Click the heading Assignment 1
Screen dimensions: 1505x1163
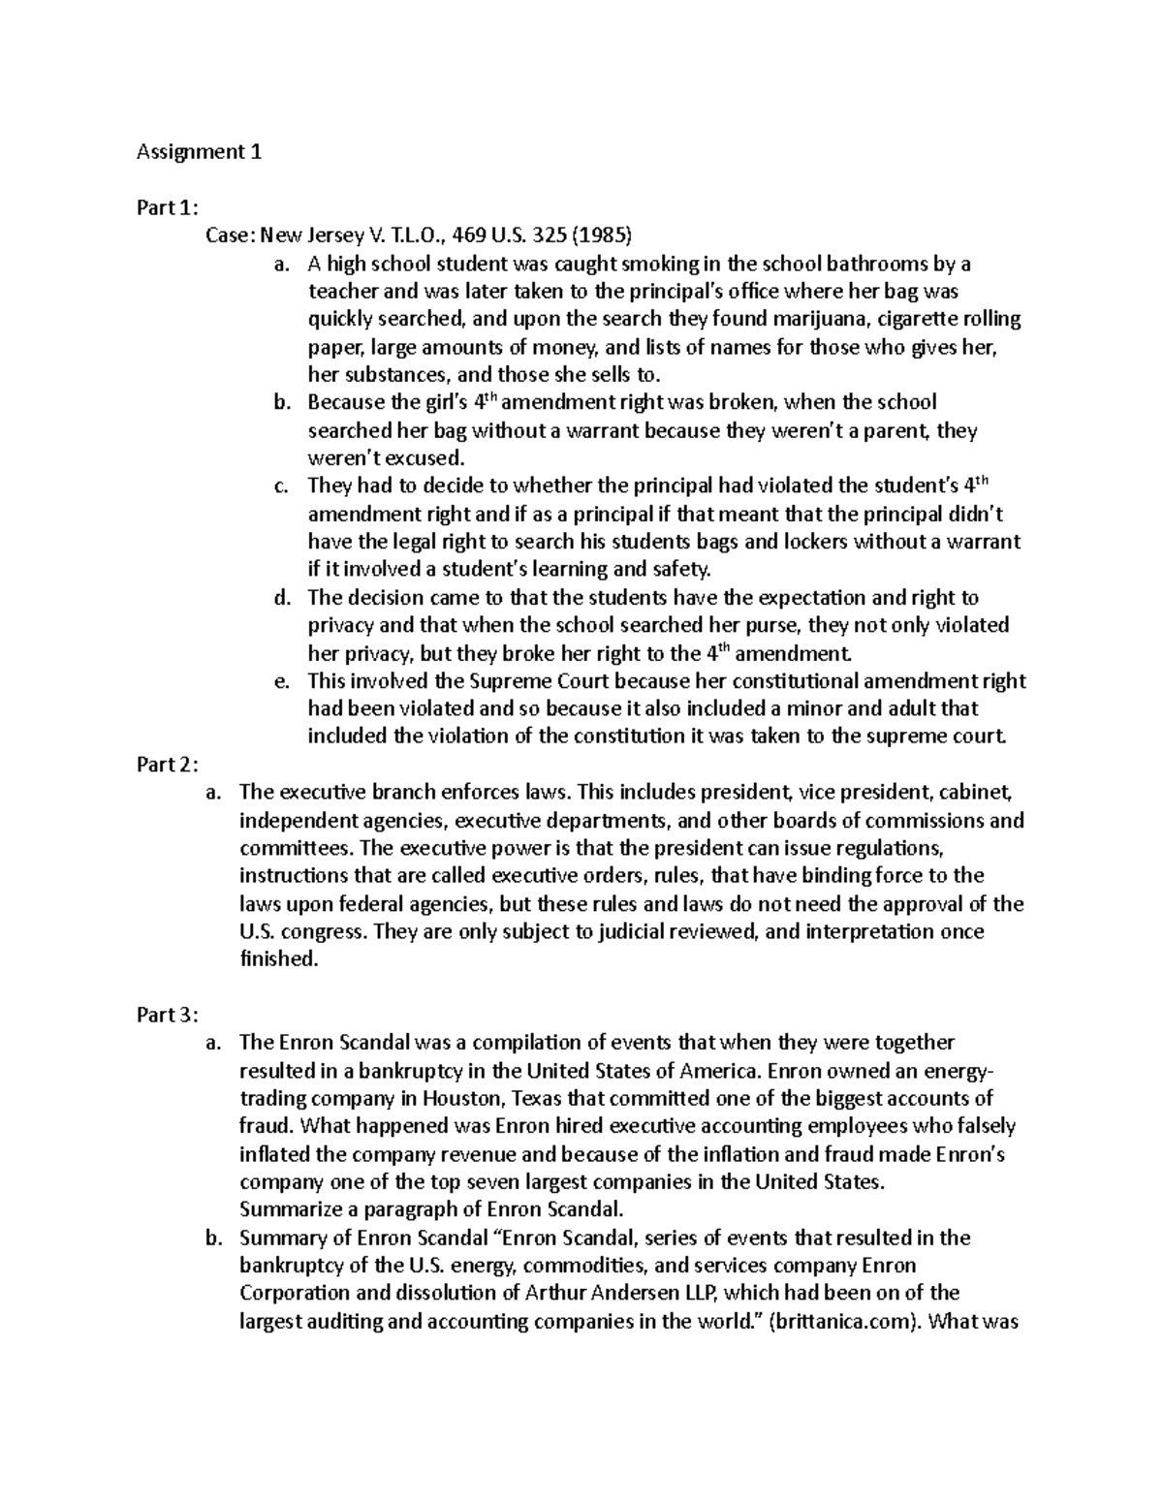(199, 152)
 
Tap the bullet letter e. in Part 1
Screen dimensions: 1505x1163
(282, 681)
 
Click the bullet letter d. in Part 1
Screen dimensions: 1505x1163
(282, 598)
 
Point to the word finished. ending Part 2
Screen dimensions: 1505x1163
(278, 960)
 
